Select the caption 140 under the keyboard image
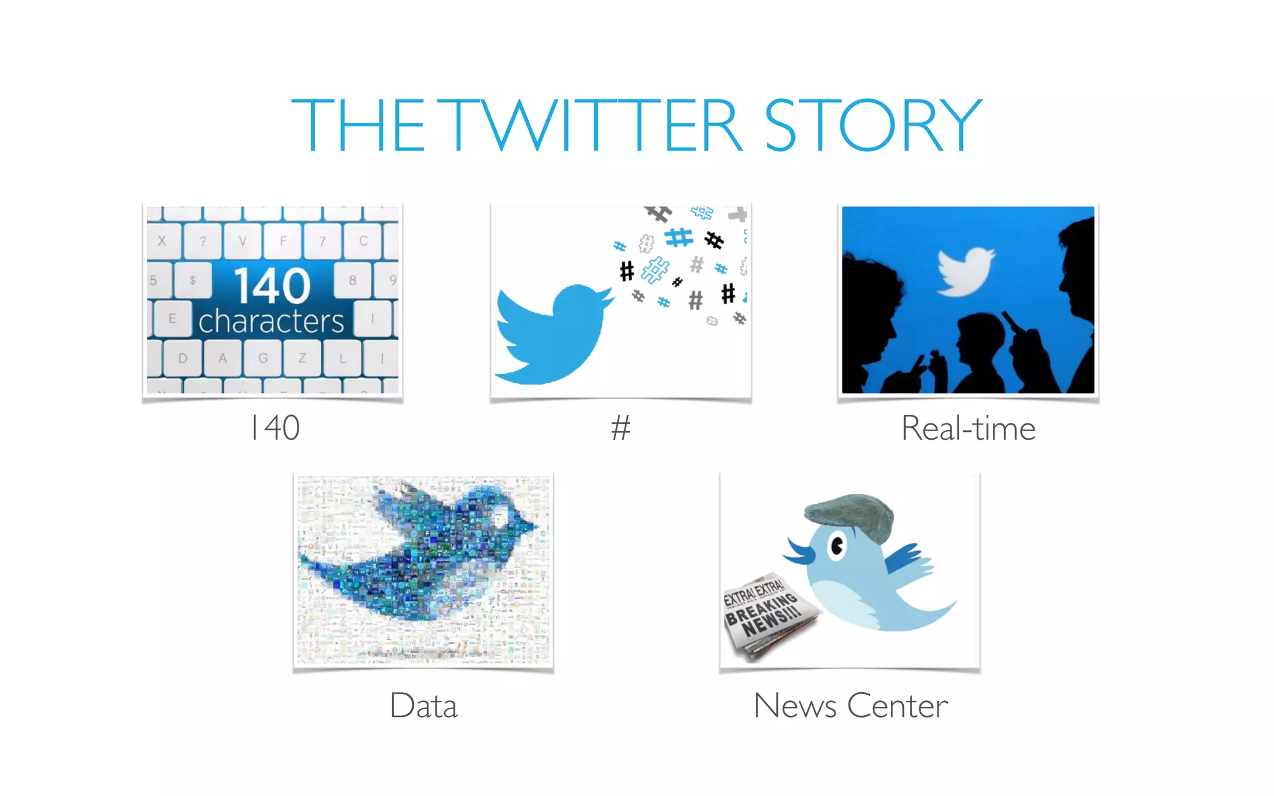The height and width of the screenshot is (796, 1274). [x=275, y=428]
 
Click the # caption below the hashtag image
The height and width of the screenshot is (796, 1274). [x=620, y=428]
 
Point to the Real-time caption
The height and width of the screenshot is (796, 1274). [x=968, y=428]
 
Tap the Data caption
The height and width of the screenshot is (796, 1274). [x=424, y=706]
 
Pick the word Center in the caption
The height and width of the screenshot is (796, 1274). [x=897, y=706]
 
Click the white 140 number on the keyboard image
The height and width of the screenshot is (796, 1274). [x=272, y=286]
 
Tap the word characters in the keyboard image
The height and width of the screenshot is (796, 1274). [x=271, y=322]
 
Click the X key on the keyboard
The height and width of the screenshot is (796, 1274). [x=162, y=241]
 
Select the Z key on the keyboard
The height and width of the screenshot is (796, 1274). [x=302, y=358]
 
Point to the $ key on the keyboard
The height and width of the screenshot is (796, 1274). [x=193, y=280]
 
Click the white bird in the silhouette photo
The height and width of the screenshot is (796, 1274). [x=965, y=271]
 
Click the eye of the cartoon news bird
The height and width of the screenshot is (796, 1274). [x=837, y=547]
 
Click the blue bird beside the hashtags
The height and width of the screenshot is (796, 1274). [x=551, y=333]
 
